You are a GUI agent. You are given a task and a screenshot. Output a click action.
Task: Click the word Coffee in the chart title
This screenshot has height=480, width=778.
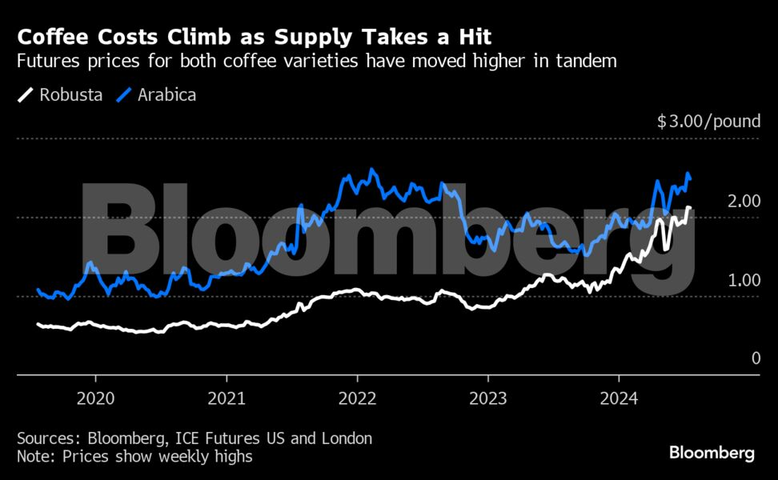(54, 38)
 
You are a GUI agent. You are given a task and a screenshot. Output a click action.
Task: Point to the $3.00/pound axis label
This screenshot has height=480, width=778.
(708, 122)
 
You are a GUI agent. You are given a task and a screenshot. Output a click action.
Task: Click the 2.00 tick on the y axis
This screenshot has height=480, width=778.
(744, 201)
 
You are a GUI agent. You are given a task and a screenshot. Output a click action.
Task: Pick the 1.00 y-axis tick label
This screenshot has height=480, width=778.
(744, 280)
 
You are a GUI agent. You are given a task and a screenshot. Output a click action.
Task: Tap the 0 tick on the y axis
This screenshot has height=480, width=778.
(756, 358)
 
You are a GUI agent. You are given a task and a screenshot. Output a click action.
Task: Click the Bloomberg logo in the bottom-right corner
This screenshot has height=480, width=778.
(711, 454)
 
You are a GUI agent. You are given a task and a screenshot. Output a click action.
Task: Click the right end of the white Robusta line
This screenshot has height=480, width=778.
(689, 208)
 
